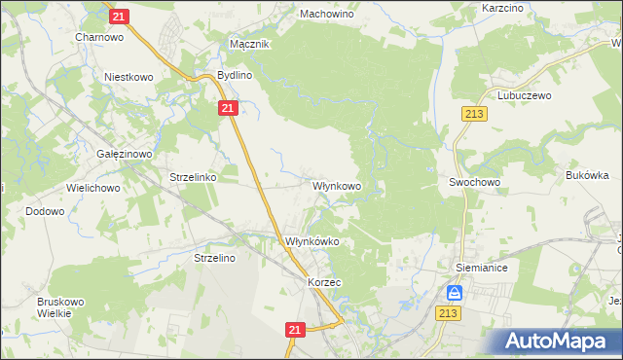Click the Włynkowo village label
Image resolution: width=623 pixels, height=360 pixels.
(x=337, y=185)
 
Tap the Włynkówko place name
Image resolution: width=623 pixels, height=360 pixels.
(x=311, y=241)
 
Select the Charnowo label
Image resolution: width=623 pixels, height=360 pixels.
(x=96, y=37)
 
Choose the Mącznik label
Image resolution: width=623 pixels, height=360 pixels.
(x=248, y=45)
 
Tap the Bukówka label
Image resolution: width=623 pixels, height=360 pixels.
(x=587, y=175)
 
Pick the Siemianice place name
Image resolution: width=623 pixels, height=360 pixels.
(x=482, y=266)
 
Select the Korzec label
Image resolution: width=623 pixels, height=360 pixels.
(x=323, y=282)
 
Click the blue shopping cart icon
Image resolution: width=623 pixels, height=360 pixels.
(x=455, y=293)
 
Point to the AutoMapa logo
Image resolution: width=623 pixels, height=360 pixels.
(x=556, y=342)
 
